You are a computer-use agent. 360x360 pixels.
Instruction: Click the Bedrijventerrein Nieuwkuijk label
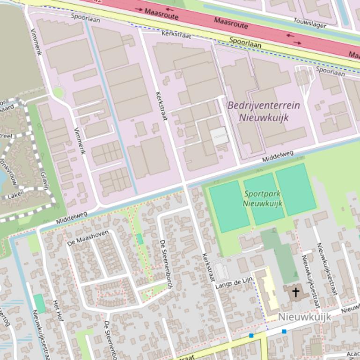pyautogui.click(x=263, y=111)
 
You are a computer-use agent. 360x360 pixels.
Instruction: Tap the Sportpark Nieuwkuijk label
pyautogui.click(x=263, y=198)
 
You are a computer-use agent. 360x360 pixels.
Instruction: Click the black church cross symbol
pyautogui.click(x=295, y=293)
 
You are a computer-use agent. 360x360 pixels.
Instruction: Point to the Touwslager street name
pyautogui.click(x=309, y=22)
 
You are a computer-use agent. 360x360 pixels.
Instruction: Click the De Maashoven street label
pyautogui.click(x=88, y=237)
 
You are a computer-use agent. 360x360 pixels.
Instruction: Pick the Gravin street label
pyautogui.click(x=44, y=180)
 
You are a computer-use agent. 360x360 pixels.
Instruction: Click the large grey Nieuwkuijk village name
pyautogui.click(x=304, y=317)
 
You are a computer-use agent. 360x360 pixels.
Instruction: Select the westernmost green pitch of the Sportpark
pyautogui.click(x=229, y=206)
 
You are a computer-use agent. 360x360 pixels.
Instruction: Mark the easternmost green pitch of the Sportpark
pyautogui.click(x=295, y=189)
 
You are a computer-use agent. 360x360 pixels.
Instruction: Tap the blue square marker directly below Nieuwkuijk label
pyautogui.click(x=284, y=331)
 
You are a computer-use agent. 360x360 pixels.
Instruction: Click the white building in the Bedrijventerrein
pyautogui.click(x=219, y=136)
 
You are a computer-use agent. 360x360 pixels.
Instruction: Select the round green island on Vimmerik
pyautogui.click(x=58, y=93)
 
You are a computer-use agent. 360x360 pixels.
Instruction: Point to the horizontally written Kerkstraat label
pyautogui.click(x=176, y=34)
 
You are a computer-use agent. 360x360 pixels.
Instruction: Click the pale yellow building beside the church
pyautogui.click(x=266, y=291)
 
